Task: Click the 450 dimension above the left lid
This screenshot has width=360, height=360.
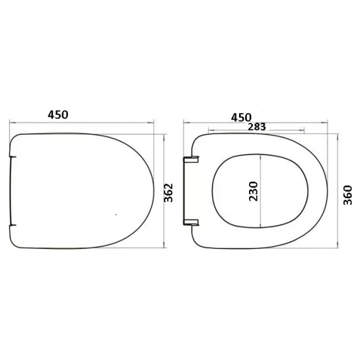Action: coord(58,115)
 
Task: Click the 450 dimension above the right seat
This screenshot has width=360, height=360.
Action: coord(241,118)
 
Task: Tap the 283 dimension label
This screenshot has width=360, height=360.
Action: coord(257,127)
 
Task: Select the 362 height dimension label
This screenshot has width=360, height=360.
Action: coord(168,193)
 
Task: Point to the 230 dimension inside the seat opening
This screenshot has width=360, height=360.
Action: coord(254,192)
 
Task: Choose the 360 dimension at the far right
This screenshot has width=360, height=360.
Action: coord(347,195)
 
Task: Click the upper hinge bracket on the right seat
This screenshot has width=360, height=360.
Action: coord(191,160)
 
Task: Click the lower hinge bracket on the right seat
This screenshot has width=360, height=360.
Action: coord(191,222)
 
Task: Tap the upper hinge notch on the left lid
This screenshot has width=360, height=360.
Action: coord(13,157)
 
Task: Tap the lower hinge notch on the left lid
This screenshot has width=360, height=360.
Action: coord(13,225)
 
